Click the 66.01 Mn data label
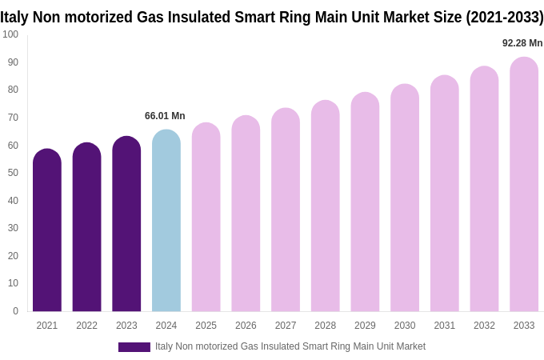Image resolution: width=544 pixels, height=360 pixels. pyautogui.click(x=165, y=116)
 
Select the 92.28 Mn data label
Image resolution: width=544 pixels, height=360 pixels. pyautogui.click(x=522, y=43)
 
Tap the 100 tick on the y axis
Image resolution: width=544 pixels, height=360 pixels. pyautogui.click(x=10, y=34)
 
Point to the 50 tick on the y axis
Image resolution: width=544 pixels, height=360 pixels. pyautogui.click(x=13, y=173)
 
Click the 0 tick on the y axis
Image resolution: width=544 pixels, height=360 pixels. pyautogui.click(x=15, y=311)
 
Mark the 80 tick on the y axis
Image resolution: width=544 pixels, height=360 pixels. pyautogui.click(x=13, y=90)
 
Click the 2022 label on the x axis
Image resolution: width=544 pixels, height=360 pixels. pyautogui.click(x=87, y=326)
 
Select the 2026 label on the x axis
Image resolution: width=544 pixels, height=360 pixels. pyautogui.click(x=246, y=326)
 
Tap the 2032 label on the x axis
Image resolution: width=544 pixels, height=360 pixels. pyautogui.click(x=484, y=326)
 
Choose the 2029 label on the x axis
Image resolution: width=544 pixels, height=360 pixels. pyautogui.click(x=365, y=326)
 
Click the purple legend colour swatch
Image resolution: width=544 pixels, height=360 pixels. pyautogui.click(x=134, y=347)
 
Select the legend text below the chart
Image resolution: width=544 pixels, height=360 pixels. pyautogui.click(x=290, y=346)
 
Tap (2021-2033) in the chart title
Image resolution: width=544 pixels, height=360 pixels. pyautogui.click(x=504, y=17)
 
